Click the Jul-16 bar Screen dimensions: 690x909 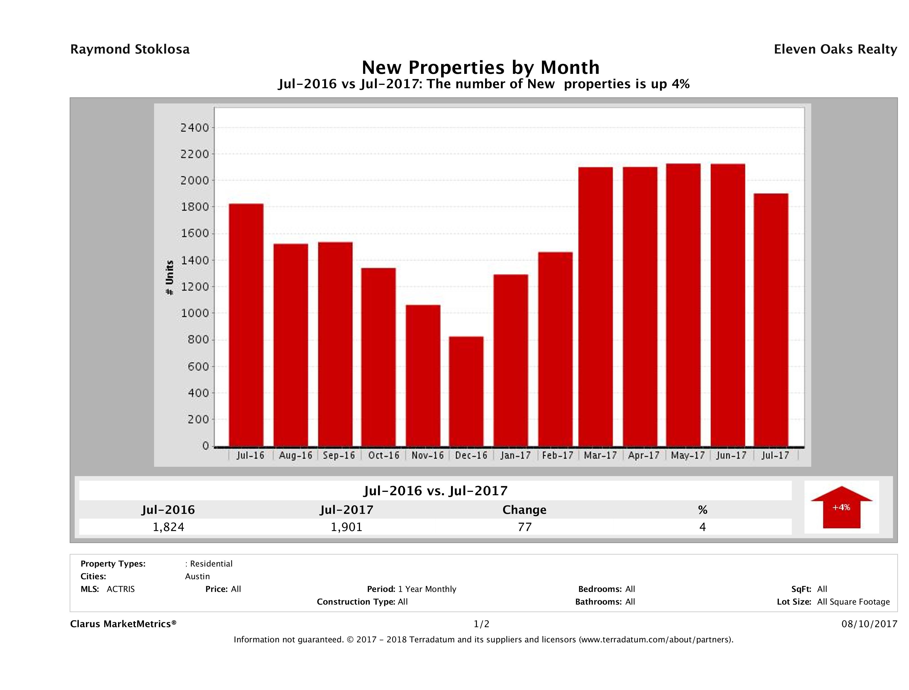point(246,325)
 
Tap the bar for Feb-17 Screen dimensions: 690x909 point(555,349)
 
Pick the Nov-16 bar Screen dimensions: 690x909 point(423,375)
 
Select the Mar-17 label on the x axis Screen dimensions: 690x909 point(600,455)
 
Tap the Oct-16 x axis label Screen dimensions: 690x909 point(383,455)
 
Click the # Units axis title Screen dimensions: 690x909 point(169,278)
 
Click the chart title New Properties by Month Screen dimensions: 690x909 point(480,67)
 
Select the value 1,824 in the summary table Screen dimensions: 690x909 point(168,527)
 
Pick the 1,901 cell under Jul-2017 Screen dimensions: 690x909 point(346,527)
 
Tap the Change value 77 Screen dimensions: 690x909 point(525,527)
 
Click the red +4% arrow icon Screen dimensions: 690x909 point(841,507)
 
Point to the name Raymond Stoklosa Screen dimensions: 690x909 point(130,49)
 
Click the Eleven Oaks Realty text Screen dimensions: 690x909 point(835,49)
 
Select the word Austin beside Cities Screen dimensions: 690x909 point(197,576)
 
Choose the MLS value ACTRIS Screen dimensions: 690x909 point(120,589)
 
